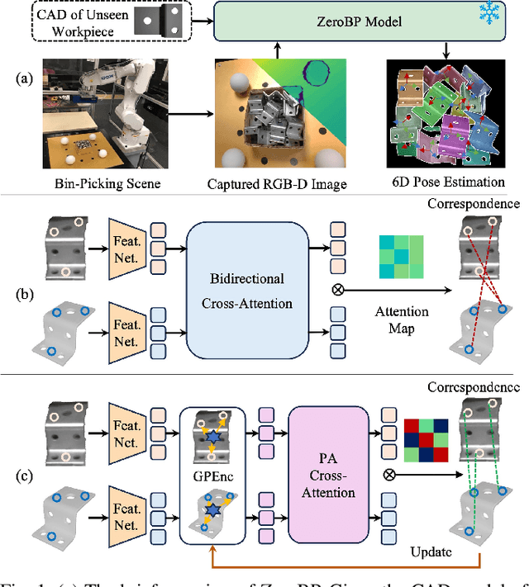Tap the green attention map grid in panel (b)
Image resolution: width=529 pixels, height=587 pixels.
(x=401, y=258)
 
